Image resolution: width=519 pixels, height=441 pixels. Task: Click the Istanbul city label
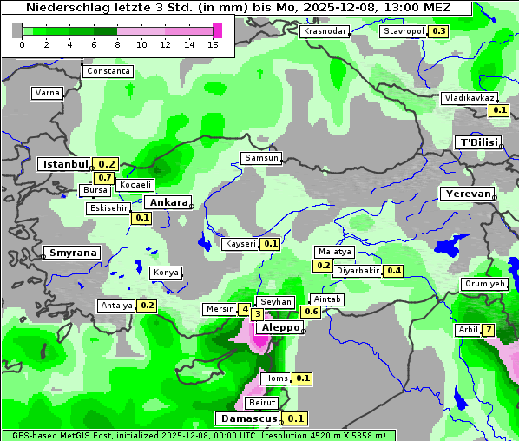[x=65, y=163]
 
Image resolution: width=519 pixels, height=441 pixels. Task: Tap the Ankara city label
[x=167, y=202]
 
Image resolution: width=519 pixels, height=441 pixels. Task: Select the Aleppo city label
[x=278, y=328]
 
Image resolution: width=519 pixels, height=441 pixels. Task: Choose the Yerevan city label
[x=466, y=194]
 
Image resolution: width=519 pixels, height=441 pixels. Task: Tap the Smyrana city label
[x=72, y=253]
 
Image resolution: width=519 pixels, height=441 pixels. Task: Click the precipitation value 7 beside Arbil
[x=489, y=330]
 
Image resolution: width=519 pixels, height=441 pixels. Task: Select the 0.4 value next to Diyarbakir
[x=394, y=271]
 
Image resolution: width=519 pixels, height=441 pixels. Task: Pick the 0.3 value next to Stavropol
[x=438, y=31]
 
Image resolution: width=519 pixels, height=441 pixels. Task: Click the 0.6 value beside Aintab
[x=311, y=311]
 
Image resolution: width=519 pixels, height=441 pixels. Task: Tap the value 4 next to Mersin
[x=246, y=309]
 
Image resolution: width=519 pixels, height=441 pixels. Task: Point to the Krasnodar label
[x=325, y=31]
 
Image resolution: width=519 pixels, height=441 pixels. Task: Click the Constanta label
[x=108, y=71]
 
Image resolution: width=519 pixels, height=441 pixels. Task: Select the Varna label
[x=46, y=93]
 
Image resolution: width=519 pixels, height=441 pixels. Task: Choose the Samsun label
[x=260, y=158]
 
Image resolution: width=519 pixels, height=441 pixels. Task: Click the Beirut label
[x=262, y=403]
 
